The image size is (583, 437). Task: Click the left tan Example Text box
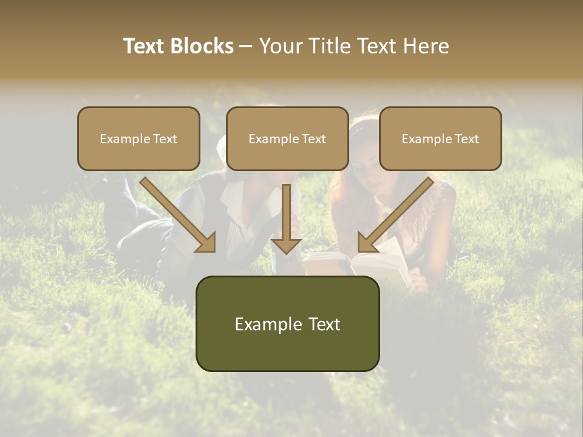pyautogui.click(x=138, y=139)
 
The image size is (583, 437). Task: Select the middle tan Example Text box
pyautogui.click(x=287, y=139)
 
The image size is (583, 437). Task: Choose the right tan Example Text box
pyautogui.click(x=440, y=139)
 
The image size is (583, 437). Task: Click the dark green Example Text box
pyautogui.click(x=287, y=324)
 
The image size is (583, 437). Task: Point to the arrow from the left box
pyautogui.click(x=176, y=212)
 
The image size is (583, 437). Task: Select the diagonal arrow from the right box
pyautogui.click(x=398, y=212)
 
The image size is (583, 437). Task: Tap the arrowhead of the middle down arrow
pyautogui.click(x=287, y=245)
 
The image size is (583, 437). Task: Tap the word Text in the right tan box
pyautogui.click(x=466, y=139)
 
